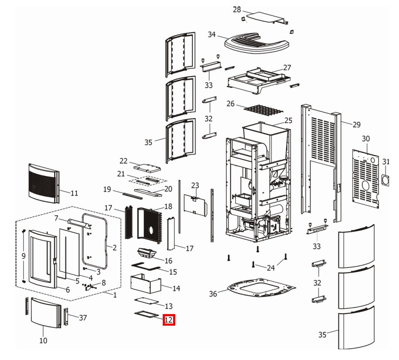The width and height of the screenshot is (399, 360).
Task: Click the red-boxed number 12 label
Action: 169,320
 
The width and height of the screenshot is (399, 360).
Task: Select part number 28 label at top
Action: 237,9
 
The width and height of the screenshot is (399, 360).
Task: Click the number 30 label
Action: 365,139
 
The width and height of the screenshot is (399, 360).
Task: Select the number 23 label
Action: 195,185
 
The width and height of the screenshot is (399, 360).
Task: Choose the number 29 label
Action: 356,125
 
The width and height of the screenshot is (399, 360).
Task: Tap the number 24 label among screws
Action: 271,268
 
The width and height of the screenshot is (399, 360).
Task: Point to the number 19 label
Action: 107,189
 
